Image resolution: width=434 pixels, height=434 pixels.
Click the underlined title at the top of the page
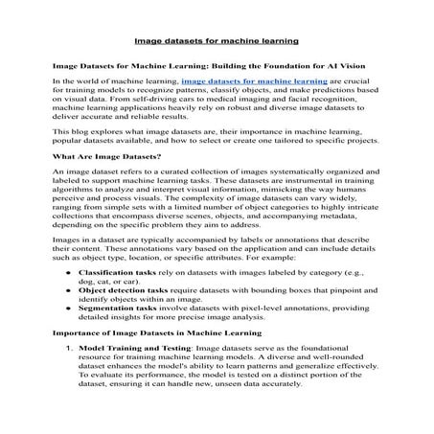217,42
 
